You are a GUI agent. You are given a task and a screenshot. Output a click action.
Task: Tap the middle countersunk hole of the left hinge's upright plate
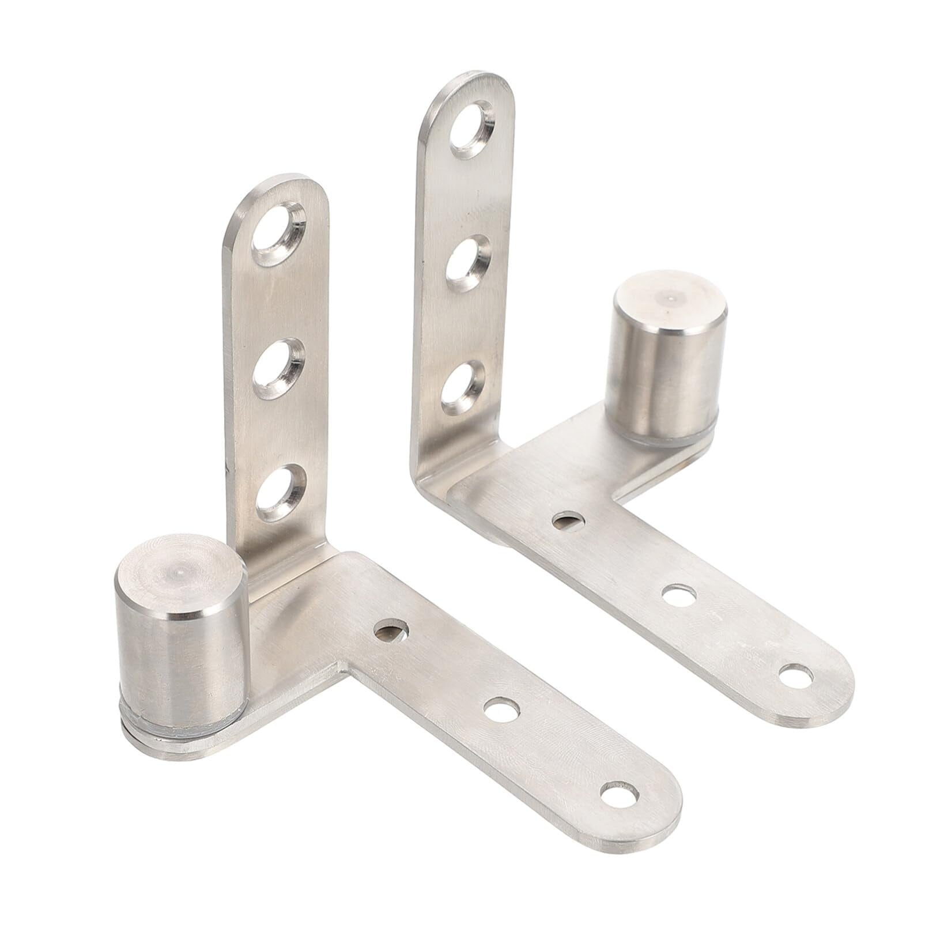[279, 369]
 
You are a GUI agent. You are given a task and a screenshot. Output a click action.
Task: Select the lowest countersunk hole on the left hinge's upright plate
[281, 492]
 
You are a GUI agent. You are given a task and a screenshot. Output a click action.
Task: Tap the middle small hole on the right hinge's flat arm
[678, 595]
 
